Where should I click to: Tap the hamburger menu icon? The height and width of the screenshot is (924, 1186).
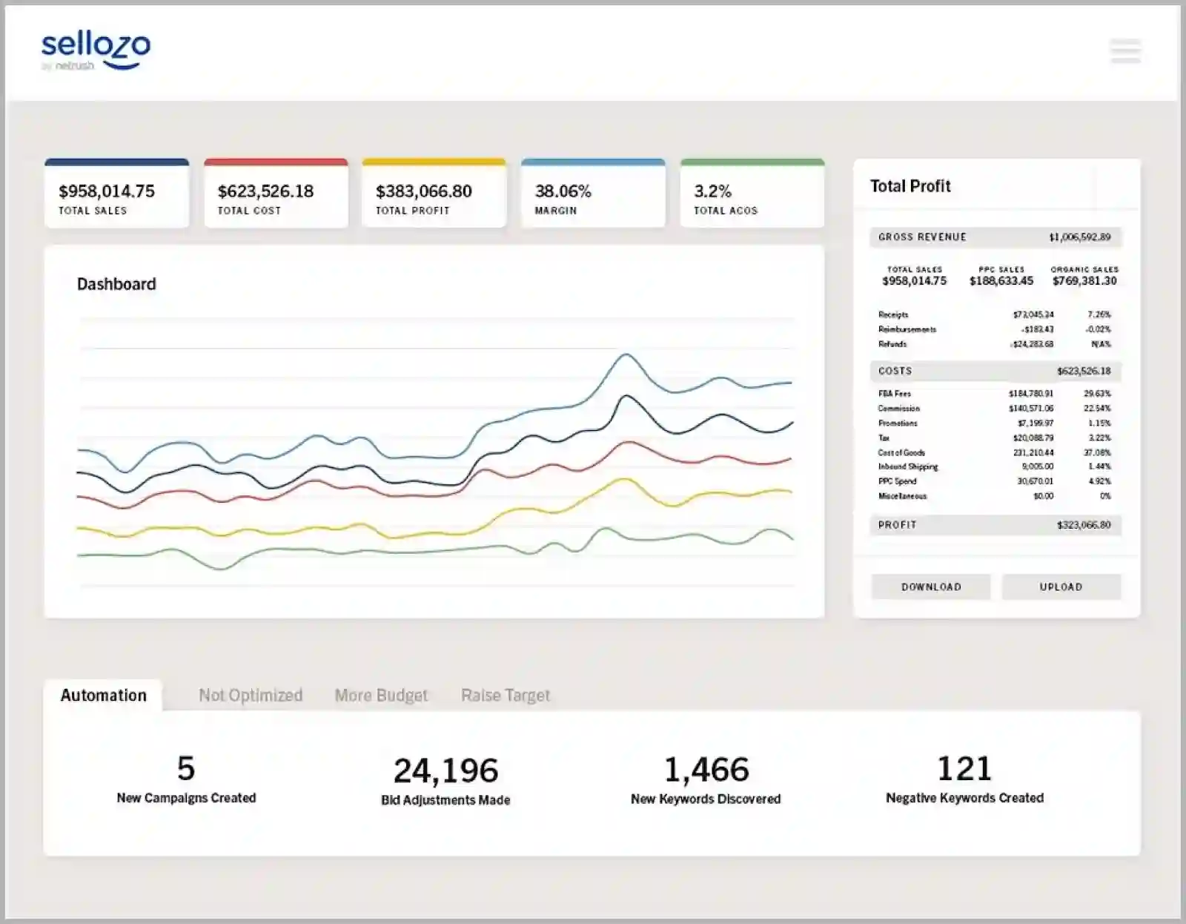pyautogui.click(x=1125, y=50)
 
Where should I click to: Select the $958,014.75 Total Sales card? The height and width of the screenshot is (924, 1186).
pyautogui.click(x=116, y=194)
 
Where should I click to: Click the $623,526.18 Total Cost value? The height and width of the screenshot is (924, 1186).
pyautogui.click(x=265, y=191)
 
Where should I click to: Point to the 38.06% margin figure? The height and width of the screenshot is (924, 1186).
pyautogui.click(x=563, y=191)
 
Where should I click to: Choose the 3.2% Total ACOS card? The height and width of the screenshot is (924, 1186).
pyautogui.click(x=752, y=194)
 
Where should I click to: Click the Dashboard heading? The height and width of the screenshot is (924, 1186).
pyautogui.click(x=116, y=284)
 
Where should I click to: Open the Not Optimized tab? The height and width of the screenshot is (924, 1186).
pyautogui.click(x=251, y=696)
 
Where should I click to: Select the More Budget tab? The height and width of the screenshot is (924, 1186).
pyautogui.click(x=381, y=696)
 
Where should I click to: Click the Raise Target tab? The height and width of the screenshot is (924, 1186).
pyautogui.click(x=506, y=696)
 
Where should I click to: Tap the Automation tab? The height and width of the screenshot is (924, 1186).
pyautogui.click(x=103, y=696)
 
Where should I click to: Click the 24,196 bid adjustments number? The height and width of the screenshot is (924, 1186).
pyautogui.click(x=445, y=771)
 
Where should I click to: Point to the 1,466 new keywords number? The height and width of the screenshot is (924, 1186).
pyautogui.click(x=706, y=770)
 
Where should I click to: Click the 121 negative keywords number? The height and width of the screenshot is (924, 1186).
pyautogui.click(x=964, y=768)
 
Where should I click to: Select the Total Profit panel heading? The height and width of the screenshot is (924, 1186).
pyautogui.click(x=910, y=186)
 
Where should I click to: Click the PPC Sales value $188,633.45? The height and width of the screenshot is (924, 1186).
pyautogui.click(x=1001, y=281)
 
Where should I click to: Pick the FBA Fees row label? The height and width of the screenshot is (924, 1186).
pyautogui.click(x=895, y=394)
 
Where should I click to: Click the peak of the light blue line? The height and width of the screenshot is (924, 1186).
pyautogui.click(x=626, y=354)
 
